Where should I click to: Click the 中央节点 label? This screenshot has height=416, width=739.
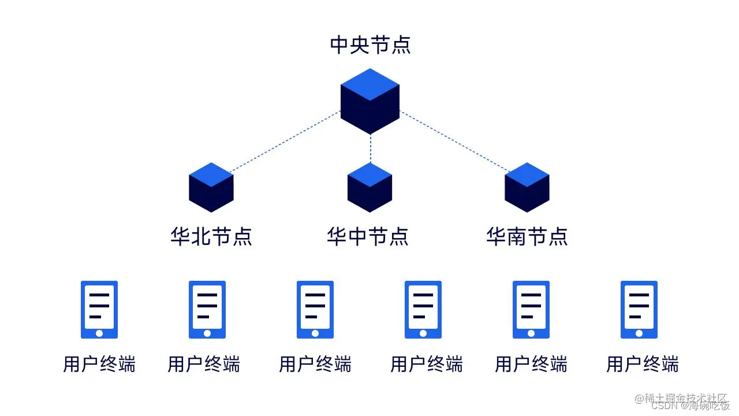[370, 45]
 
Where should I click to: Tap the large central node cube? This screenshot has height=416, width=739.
[370, 102]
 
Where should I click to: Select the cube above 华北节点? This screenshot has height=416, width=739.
[211, 187]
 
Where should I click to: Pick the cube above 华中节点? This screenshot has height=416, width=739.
[370, 187]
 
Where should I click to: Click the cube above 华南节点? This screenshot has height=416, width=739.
[527, 187]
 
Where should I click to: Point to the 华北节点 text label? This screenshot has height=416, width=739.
[211, 236]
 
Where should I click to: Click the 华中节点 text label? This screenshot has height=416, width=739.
[368, 236]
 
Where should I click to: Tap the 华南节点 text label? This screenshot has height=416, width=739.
[527, 236]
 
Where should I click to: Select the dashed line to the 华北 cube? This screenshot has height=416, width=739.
[286, 142]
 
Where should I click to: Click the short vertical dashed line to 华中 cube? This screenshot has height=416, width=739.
[370, 149]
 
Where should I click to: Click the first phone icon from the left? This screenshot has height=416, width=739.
[99, 310]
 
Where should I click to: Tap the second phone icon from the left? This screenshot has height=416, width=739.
[207, 310]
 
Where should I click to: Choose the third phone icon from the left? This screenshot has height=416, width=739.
[315, 310]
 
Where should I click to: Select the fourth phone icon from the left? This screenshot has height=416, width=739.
[423, 310]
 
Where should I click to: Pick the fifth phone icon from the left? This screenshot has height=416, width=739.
[531, 310]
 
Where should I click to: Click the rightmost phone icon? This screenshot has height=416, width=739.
[639, 310]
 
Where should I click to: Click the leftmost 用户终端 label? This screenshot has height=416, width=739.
[99, 365]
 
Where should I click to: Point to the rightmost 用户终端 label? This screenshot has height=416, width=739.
[643, 365]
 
